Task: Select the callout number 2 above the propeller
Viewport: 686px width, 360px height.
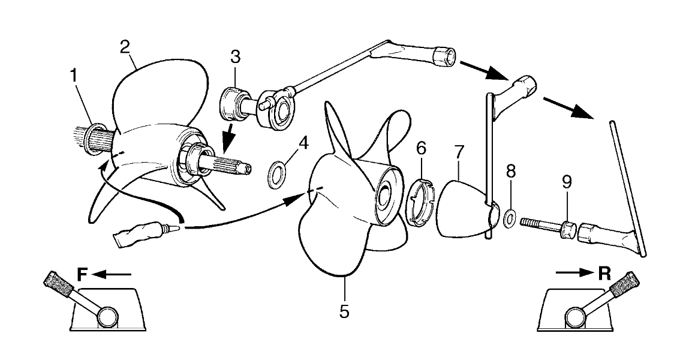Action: coord(125,46)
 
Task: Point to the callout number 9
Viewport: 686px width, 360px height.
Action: coord(567,182)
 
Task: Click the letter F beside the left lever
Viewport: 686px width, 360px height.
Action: coord(83,274)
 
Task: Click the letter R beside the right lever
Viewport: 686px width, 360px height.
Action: coord(604,274)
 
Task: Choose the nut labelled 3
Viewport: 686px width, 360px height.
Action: coord(233,103)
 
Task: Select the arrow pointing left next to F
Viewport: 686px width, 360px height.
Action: coord(112,274)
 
